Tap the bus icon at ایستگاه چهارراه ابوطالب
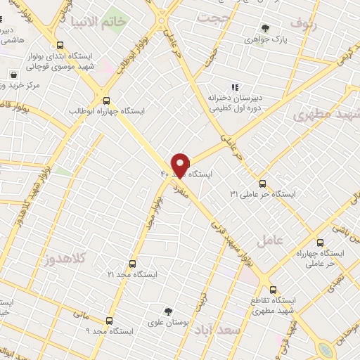coord(106,100)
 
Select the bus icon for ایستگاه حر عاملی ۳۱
coord(262,183)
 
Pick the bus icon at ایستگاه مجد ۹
coord(108,320)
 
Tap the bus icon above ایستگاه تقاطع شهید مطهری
coord(273,289)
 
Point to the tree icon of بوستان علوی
coord(168,310)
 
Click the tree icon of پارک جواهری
coord(265,29)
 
